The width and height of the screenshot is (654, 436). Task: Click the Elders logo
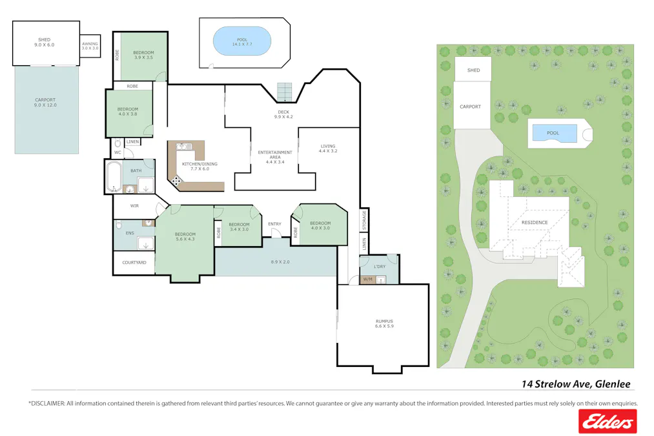607,422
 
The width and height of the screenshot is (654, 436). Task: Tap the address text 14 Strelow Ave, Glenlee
576,384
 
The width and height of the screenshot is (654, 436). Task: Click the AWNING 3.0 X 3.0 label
90,46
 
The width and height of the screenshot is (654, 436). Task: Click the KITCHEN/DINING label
199,164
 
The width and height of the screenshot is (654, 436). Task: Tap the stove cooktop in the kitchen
176,182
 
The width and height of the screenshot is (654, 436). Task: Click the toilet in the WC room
117,145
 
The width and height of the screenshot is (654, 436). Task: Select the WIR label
134,206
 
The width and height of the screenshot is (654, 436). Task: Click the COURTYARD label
134,262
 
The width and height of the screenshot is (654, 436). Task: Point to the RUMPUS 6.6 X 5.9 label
384,324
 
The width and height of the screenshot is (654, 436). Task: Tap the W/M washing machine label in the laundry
367,279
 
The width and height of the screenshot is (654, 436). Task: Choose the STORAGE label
364,220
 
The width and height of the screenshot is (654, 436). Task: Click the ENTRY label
274,224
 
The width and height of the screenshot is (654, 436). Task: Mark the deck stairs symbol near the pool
285,92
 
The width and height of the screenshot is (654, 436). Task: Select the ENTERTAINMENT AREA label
275,156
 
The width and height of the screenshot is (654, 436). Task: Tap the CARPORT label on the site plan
471,107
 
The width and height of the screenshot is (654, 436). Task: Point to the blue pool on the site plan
553,133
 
